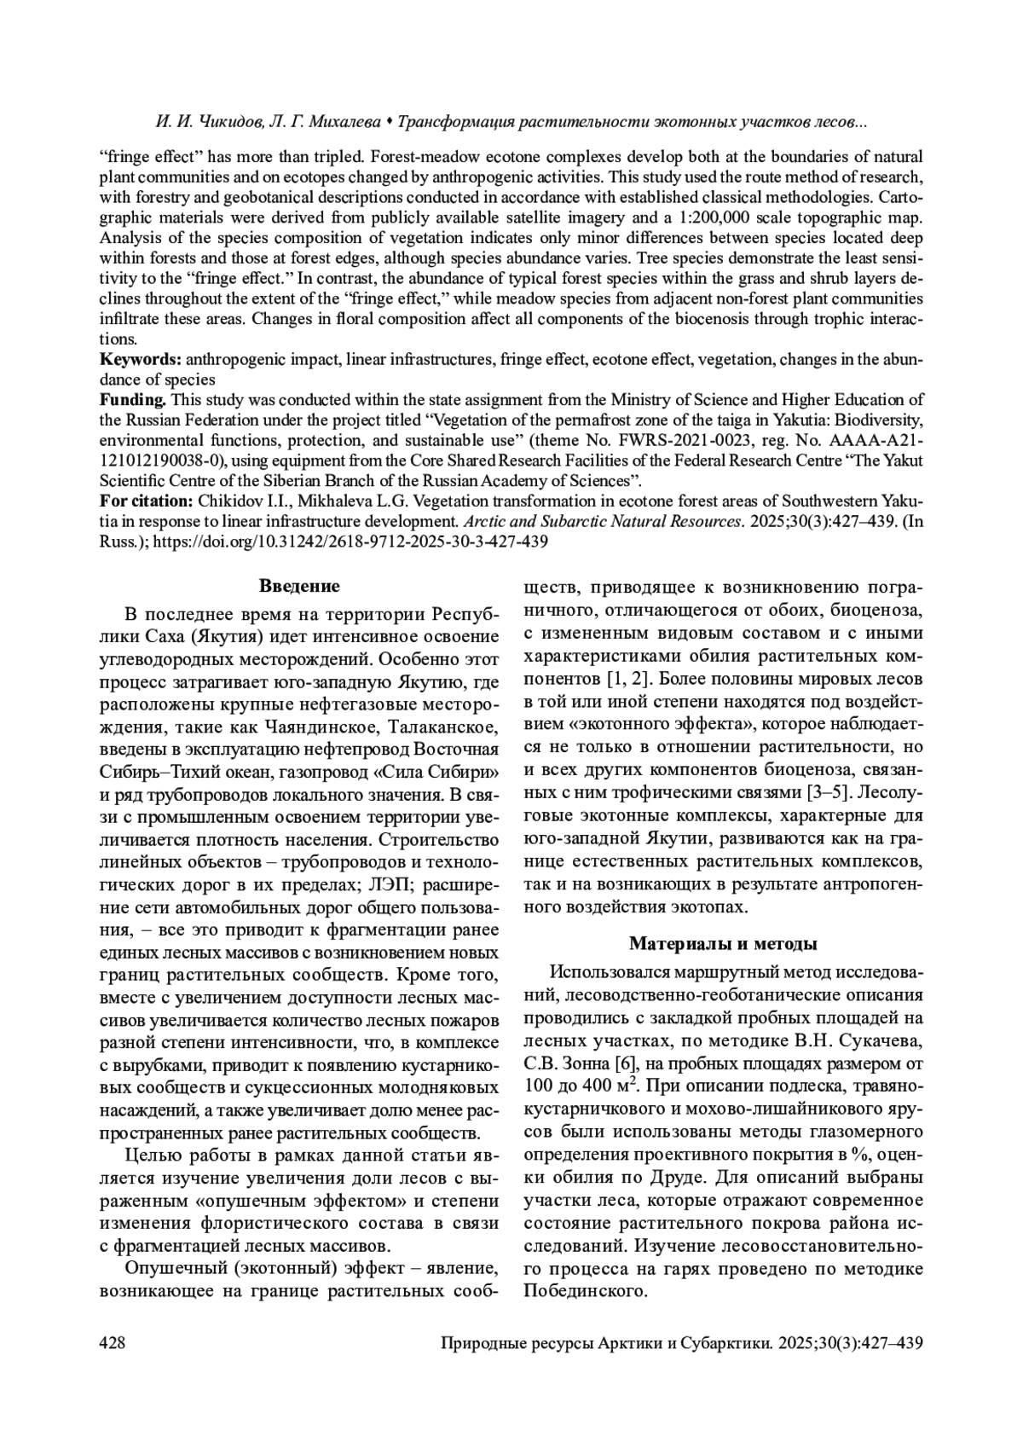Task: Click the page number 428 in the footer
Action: coord(113,1343)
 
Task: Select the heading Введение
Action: coord(298,586)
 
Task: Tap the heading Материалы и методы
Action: coord(723,944)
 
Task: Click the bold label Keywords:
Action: coord(141,359)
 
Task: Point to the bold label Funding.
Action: coord(132,400)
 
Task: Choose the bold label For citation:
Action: coord(146,500)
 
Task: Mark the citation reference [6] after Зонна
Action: coord(626,1063)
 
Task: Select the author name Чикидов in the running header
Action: coord(227,124)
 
